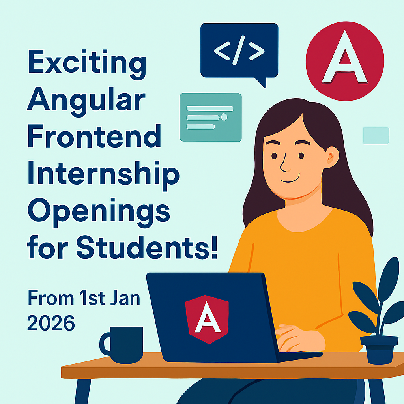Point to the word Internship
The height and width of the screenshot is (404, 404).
pos(103,175)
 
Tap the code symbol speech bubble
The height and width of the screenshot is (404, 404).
pos(239,50)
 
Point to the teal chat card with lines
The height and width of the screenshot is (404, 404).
pos(210,117)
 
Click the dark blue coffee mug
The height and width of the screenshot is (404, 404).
pos(122,344)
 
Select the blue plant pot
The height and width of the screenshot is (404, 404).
pos(379,349)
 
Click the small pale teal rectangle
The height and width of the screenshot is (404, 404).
pos(376,136)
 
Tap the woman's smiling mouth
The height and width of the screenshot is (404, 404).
pos(290,180)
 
